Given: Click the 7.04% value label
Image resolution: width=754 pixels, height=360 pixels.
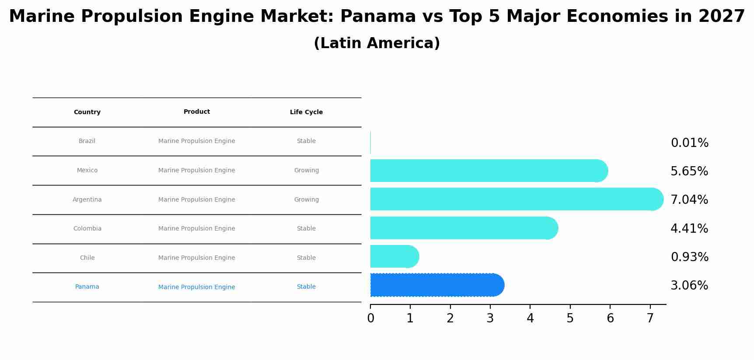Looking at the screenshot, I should click(689, 200).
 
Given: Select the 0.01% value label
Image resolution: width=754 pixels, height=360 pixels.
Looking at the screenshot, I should click(689, 143).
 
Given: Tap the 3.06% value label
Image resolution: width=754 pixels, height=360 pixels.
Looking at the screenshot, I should click(689, 286).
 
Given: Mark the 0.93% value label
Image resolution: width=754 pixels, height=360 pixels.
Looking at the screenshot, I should click(689, 257).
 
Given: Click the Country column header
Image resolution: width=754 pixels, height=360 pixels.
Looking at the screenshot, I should click(87, 112).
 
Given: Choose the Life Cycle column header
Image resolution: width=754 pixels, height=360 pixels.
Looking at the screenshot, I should click(306, 112).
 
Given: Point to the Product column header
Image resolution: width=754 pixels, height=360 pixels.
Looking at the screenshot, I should click(196, 112).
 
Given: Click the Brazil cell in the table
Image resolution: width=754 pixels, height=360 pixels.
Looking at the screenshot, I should click(87, 141).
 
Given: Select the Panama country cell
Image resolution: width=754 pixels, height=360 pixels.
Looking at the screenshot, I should click(87, 287).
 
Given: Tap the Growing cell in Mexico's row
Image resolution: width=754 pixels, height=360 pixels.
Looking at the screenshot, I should click(306, 171).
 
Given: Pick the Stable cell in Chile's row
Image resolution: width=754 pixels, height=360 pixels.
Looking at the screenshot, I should click(306, 258).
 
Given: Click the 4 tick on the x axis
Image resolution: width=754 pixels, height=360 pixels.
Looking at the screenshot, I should click(530, 318).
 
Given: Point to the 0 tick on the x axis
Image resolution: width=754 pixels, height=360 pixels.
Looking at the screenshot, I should click(370, 318).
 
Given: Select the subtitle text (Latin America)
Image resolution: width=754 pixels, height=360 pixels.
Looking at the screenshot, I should click(377, 43).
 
